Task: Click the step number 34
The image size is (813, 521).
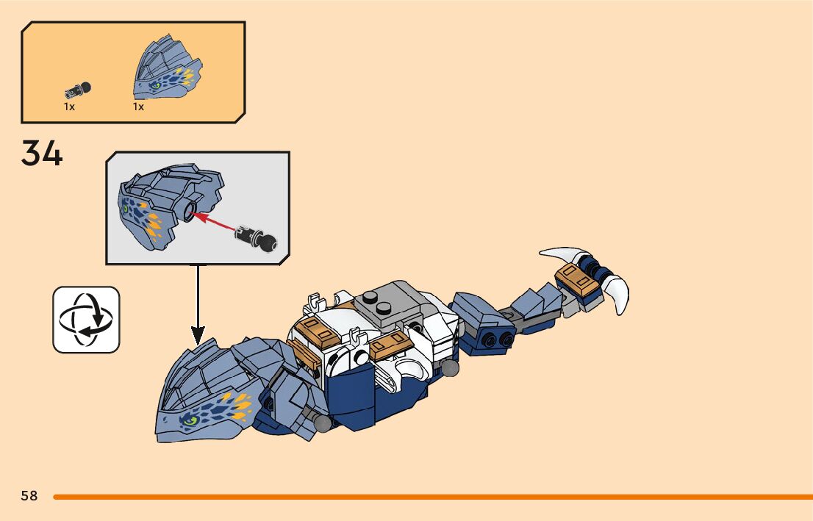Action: coord(42,153)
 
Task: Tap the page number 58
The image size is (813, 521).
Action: coord(29,496)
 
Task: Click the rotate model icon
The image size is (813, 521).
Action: coord(86,320)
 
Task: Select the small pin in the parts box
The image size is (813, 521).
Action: coord(79,90)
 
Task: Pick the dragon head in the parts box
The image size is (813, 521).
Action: coord(168,67)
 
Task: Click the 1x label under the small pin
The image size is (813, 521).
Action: coord(69,107)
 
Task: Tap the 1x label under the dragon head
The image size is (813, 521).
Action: coord(138,107)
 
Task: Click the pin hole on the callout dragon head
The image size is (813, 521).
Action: coord(190,215)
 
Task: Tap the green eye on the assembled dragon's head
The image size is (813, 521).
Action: coord(190,422)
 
